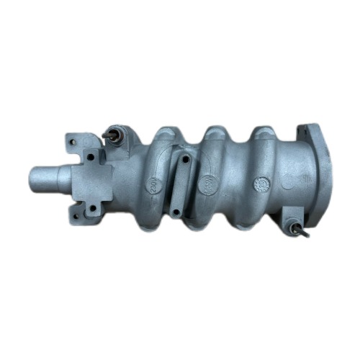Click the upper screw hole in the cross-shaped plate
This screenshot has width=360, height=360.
click(92, 155)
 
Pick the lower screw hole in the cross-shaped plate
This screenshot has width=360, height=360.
click(91, 209)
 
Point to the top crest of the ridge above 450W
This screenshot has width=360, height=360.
click(213, 134)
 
